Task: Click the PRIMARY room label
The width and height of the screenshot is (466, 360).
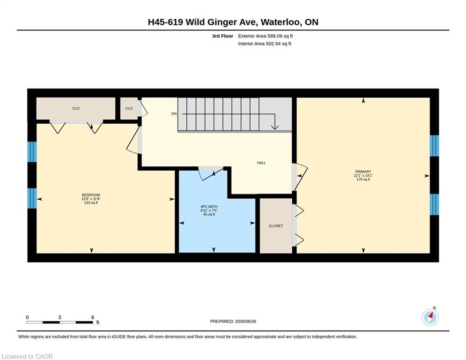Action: pos(363,172)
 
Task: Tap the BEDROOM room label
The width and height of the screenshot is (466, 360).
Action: pos(91,195)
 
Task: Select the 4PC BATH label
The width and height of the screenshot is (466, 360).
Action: pos(209,206)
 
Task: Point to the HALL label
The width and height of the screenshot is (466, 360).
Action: pos(261,163)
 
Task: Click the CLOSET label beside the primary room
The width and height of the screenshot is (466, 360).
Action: pos(276,226)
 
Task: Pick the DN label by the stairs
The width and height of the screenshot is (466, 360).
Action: pos(174,113)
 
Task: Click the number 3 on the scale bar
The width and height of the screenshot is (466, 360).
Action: pos(59,317)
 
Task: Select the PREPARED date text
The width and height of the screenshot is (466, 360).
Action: pos(233,321)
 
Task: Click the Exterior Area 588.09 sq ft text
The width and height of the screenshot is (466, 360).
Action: pos(266,36)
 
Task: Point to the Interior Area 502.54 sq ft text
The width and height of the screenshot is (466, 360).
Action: pos(265,44)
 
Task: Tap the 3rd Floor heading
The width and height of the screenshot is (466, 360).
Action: pos(222,36)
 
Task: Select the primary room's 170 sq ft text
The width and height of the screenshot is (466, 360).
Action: pos(363,180)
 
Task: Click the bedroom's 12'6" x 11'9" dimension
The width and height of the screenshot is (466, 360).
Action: pos(91,199)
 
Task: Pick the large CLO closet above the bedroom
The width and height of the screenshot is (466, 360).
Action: pos(76,109)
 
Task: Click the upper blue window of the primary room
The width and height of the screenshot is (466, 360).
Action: pos(434,146)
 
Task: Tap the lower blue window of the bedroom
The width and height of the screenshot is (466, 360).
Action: pos(32,198)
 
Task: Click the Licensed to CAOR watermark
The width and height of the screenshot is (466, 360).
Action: pos(27,356)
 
